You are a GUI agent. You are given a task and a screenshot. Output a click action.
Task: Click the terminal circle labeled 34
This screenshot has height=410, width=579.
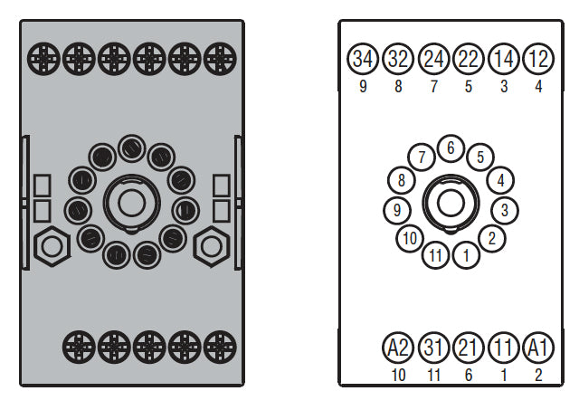click(363, 59)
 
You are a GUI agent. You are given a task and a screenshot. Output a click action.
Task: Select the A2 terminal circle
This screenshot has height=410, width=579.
click(398, 348)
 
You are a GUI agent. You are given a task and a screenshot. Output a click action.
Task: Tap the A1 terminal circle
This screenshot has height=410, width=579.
click(538, 348)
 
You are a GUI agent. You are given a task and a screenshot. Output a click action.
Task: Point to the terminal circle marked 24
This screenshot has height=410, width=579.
click(433, 59)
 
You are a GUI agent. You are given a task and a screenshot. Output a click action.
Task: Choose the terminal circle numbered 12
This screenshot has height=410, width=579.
click(538, 59)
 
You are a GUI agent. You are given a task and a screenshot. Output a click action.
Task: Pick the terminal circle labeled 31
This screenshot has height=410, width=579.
click(433, 348)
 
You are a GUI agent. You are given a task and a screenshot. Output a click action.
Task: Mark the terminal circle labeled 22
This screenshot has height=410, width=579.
click(469, 59)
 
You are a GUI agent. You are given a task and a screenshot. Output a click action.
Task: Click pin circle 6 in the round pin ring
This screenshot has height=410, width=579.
click(451, 148)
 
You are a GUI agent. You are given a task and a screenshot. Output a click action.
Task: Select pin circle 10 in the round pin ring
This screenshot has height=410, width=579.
click(410, 238)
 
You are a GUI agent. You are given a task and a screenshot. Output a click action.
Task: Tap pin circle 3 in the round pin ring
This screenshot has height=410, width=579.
click(505, 210)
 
